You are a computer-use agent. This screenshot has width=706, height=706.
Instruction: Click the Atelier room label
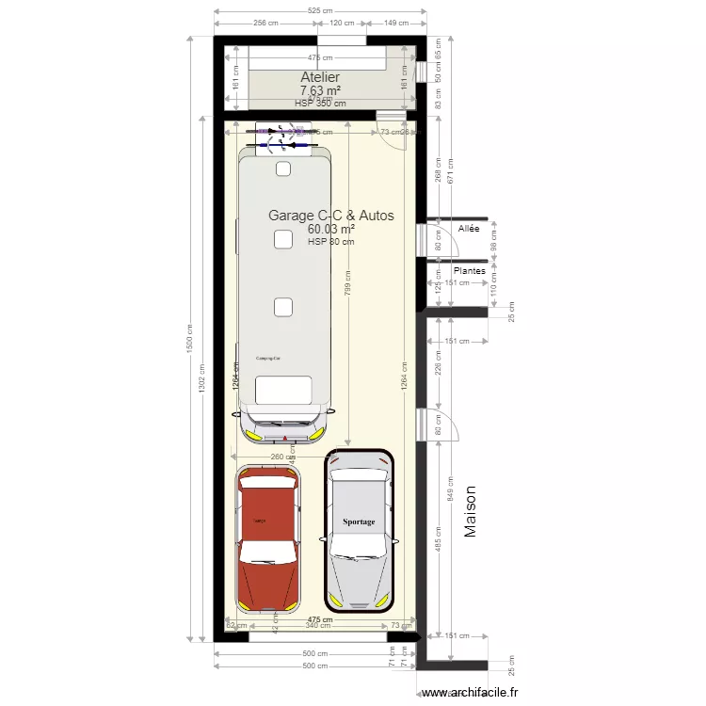point(320,77)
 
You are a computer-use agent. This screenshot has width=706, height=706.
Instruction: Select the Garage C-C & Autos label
point(330,216)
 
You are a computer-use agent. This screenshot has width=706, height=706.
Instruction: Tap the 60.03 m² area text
point(330,229)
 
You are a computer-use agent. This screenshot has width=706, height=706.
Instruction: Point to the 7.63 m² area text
point(320,91)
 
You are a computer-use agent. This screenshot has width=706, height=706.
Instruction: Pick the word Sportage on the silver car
point(359,521)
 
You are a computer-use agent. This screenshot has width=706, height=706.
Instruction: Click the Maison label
point(472,512)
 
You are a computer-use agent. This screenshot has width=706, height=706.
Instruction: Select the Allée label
point(468,229)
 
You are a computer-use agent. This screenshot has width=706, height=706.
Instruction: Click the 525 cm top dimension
point(320,11)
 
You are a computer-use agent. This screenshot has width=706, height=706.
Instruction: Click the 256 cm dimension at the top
point(265,24)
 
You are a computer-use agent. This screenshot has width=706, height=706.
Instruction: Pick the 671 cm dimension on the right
point(450,170)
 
